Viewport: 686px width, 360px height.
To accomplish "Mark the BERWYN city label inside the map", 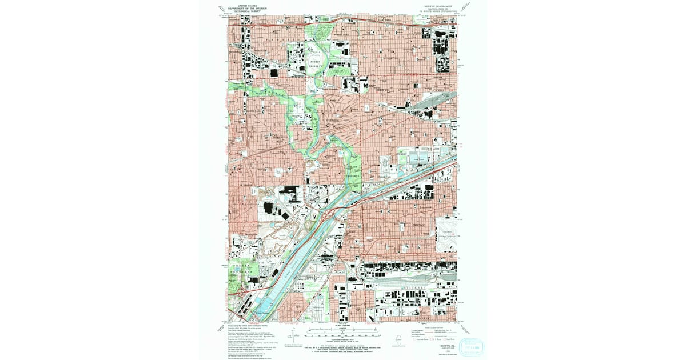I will tap(384, 89).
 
